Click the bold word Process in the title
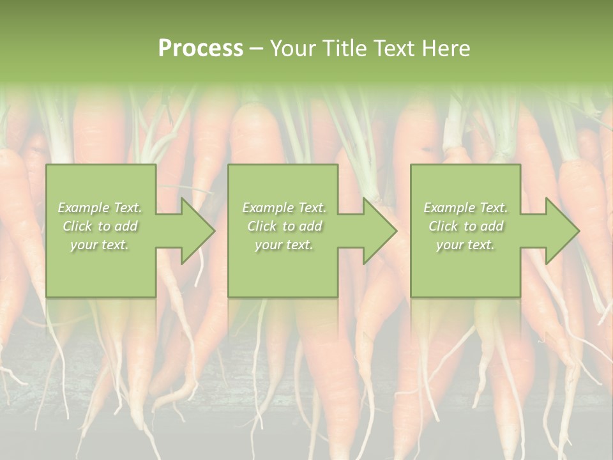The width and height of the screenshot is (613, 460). coord(201,49)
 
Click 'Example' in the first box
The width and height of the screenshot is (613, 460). coord(83,208)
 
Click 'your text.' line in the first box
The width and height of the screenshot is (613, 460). coord(100,245)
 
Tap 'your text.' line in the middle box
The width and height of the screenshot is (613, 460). coord(284,245)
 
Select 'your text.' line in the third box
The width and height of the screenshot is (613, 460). coord(465,245)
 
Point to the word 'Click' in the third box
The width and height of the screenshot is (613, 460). coord(443,226)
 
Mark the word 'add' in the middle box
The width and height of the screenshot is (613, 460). coord(311,226)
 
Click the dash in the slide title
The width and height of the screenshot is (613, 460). coord(256,49)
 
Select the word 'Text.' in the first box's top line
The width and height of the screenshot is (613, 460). coord(128,208)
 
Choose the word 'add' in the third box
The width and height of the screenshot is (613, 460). coord(492,226)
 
